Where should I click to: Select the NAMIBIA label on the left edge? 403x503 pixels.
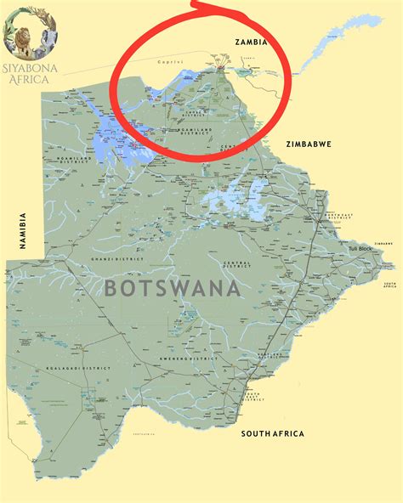tap(25, 230)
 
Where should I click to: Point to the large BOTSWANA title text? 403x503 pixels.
tap(173, 287)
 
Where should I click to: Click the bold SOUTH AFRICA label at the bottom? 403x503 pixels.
tap(272, 433)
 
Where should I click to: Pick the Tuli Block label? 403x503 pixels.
tap(360, 248)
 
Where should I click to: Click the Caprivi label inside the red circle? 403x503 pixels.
tap(169, 61)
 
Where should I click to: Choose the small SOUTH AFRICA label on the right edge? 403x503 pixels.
tap(387, 286)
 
